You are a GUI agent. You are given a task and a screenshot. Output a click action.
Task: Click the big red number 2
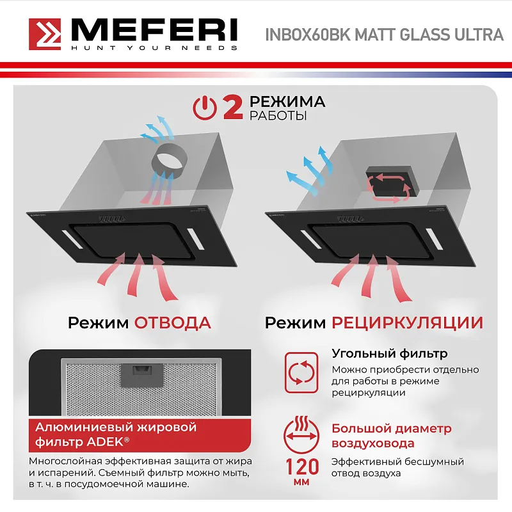[232, 108]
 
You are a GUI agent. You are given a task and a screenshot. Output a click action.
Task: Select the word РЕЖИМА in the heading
[287, 102]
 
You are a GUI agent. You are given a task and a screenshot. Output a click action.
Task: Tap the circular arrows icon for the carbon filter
[300, 372]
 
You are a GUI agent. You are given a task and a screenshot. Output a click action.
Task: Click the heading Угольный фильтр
[389, 353]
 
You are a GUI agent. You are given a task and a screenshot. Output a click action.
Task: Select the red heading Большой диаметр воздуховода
[391, 435]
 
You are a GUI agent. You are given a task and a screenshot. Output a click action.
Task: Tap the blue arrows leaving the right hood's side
[309, 170]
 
